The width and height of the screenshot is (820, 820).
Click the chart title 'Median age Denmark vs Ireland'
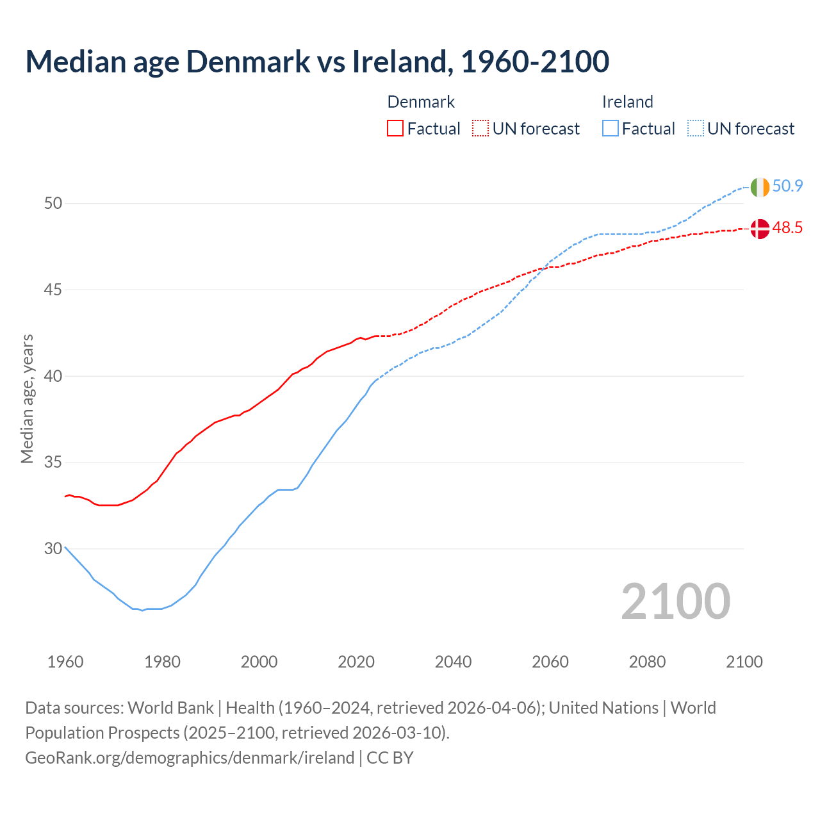pyautogui.click(x=317, y=61)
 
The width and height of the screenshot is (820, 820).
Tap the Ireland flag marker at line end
pyautogui.click(x=760, y=187)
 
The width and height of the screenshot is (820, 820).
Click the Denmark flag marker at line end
pyautogui.click(x=760, y=229)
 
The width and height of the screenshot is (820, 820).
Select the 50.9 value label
pyautogui.click(x=787, y=186)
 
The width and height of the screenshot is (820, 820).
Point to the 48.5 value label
pyautogui.click(x=787, y=228)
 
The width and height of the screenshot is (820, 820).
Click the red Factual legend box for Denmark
pyautogui.click(x=395, y=129)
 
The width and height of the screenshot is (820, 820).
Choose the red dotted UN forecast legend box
pyautogui.click(x=480, y=129)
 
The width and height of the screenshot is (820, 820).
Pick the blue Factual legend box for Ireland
pyautogui.click(x=611, y=129)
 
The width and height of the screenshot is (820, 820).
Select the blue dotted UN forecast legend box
pyautogui.click(x=696, y=129)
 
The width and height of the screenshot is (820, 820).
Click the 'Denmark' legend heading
pyautogui.click(x=421, y=102)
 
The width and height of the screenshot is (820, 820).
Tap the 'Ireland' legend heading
pyautogui.click(x=627, y=102)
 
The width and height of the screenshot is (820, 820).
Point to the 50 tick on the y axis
pyautogui.click(x=53, y=204)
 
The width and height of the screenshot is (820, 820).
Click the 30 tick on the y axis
pyautogui.click(x=53, y=549)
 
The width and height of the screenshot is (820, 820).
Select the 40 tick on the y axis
pyautogui.click(x=53, y=376)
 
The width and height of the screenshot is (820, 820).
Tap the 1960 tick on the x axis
pyautogui.click(x=65, y=662)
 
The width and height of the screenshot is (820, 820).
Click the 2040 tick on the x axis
pyautogui.click(x=453, y=662)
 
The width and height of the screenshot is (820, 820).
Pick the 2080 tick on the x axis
pyautogui.click(x=647, y=662)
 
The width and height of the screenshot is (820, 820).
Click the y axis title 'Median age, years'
pyautogui.click(x=27, y=398)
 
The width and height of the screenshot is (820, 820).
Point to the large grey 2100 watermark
pyautogui.click(x=676, y=601)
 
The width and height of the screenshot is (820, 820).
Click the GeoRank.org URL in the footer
pyautogui.click(x=190, y=758)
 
